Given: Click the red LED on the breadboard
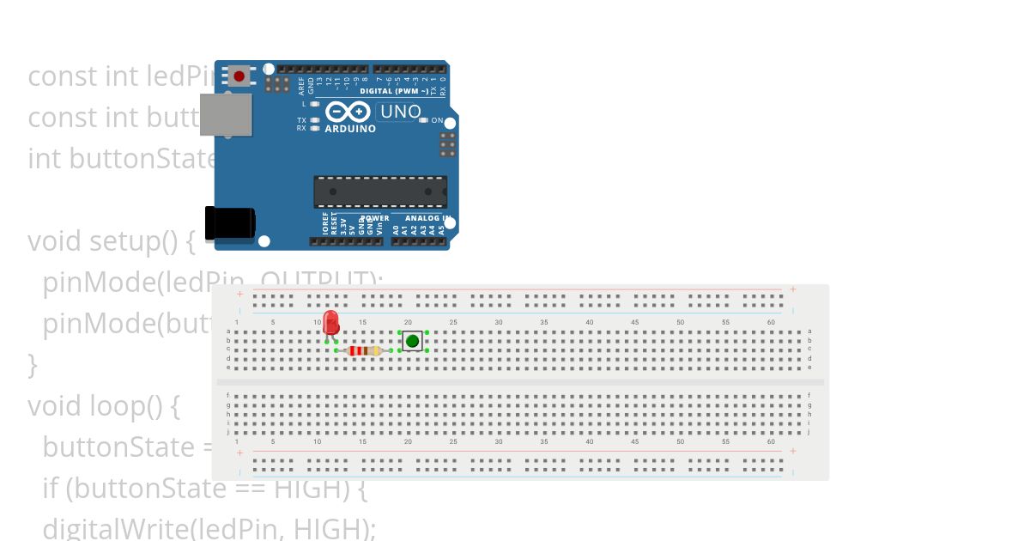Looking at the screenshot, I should pos(330,324).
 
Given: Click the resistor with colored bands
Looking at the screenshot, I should pos(364,350).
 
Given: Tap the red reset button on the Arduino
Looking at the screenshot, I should pos(239,76).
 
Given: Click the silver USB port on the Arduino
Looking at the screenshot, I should pos(226,114).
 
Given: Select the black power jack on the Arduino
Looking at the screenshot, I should pos(229,222).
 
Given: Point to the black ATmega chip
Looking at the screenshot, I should pos(379,191).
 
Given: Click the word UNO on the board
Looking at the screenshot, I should pos(400,112).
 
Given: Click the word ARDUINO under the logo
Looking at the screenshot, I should pos(350,129).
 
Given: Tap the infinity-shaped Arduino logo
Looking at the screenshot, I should pos(348,112).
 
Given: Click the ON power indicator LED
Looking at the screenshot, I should pos(424,120).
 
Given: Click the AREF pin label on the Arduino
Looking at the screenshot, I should pos(301,85).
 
